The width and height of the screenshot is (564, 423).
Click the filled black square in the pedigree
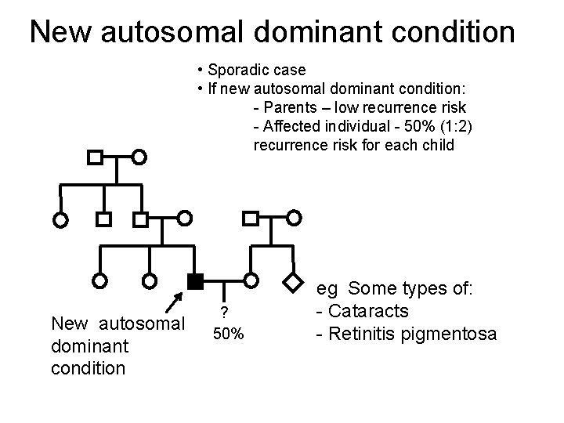tap(195, 280)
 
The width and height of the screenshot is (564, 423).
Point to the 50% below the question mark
tap(230, 334)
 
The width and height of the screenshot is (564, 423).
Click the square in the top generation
tap(94, 157)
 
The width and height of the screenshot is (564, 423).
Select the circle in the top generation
tap(139, 157)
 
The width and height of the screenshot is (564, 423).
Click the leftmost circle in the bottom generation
tap(99, 280)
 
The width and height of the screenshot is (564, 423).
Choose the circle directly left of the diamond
tap(251, 280)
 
